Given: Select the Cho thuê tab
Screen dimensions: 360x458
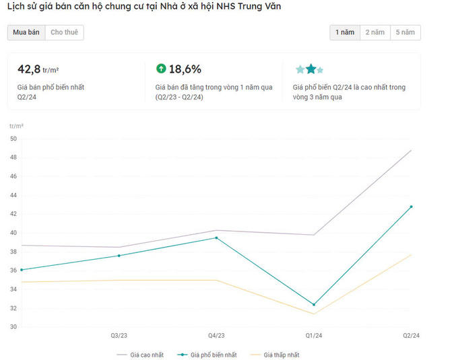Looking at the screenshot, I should (x=64, y=32).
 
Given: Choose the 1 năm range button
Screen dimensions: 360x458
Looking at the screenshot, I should (x=344, y=32).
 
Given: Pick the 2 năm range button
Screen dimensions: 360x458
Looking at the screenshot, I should (x=374, y=32).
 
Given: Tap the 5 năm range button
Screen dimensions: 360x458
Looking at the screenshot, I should (x=405, y=32).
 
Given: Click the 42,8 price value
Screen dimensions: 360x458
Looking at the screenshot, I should (x=29, y=69).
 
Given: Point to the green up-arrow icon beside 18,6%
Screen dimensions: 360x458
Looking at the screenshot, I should (x=161, y=69).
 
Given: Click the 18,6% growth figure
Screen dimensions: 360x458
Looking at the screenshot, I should (x=185, y=69).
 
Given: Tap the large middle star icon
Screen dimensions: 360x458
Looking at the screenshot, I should (x=310, y=69).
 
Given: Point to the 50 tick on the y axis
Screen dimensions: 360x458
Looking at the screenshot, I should (x=13, y=139).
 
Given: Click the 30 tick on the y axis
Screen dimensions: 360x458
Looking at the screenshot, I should (x=13, y=327).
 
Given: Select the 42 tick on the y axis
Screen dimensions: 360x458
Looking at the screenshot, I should (x=13, y=214).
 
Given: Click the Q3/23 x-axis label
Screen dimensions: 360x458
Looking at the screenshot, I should (x=119, y=335).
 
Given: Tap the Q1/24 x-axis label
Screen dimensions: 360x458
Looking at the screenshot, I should (x=314, y=335).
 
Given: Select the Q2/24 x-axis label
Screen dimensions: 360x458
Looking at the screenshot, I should (x=411, y=335).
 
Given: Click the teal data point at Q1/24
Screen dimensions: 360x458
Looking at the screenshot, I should (x=314, y=305).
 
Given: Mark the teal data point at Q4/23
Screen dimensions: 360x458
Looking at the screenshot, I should (x=216, y=238).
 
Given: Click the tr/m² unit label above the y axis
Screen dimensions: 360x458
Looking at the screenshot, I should (x=17, y=126).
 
